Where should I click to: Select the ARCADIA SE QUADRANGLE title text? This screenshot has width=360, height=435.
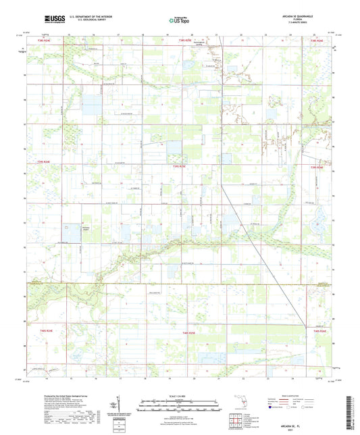[290, 15]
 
